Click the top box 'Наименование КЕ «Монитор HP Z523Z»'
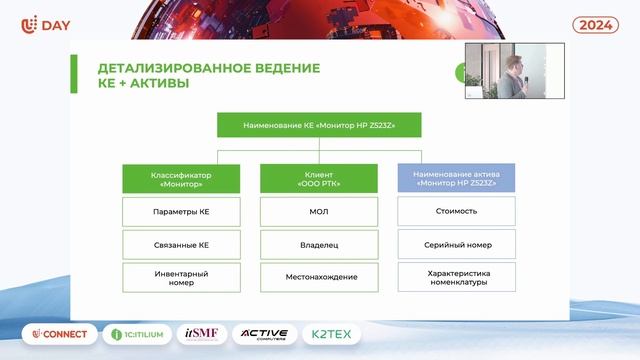320,125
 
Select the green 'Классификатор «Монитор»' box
181,179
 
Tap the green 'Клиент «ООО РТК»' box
319,179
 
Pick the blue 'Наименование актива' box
457,179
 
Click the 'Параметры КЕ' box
181,212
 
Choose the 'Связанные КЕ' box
181,244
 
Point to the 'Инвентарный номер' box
181,277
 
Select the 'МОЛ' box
319,212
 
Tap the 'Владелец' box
319,244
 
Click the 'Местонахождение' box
319,277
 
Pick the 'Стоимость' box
457,211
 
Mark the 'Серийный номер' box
457,244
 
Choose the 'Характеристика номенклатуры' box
457,277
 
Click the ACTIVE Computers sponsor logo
264,334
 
